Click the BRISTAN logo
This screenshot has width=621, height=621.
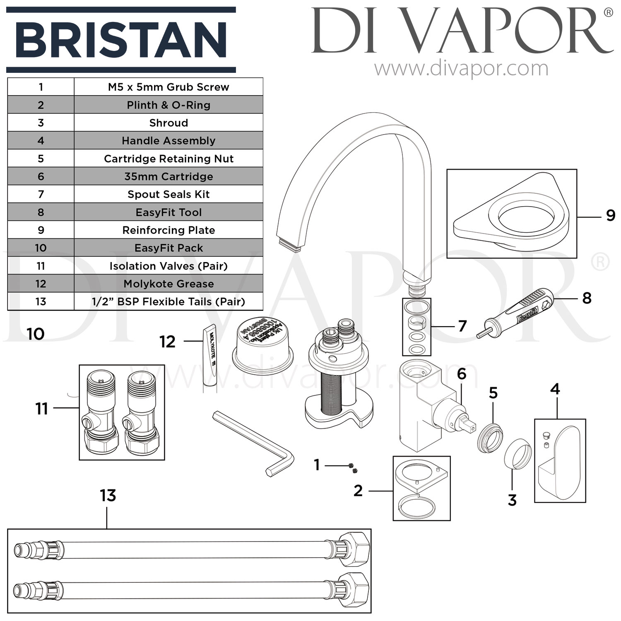point(121,40)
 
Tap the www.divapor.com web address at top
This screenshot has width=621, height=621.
point(461,69)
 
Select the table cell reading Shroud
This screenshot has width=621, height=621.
point(168,123)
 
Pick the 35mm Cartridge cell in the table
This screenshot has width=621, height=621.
point(168,176)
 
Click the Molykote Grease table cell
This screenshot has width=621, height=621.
point(168,284)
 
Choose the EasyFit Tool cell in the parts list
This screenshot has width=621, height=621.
point(168,212)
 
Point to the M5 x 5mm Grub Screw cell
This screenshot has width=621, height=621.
point(168,87)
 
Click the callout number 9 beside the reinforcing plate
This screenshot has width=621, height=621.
point(610,216)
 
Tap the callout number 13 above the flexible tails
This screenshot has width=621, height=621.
point(108,496)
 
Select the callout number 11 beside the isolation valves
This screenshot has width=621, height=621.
point(41,409)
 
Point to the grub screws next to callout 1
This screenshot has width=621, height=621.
point(353,468)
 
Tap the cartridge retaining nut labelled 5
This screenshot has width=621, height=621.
point(490,438)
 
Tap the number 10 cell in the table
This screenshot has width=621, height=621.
point(41,248)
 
